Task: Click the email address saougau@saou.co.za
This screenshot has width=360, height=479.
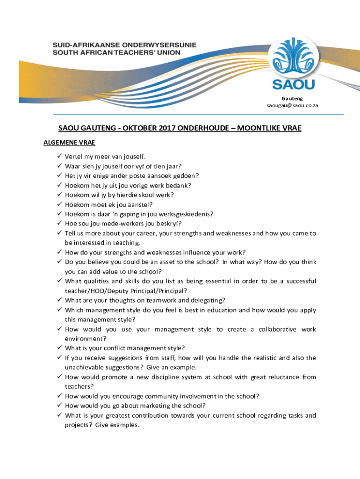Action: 292,106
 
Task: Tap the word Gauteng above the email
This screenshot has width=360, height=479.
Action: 292,98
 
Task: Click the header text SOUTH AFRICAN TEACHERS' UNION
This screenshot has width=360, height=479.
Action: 116,52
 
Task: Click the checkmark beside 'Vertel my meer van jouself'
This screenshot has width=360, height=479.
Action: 59,156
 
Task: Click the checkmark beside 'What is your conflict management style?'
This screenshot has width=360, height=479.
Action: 59,348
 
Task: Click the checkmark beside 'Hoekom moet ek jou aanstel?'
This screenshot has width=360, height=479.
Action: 59,204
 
